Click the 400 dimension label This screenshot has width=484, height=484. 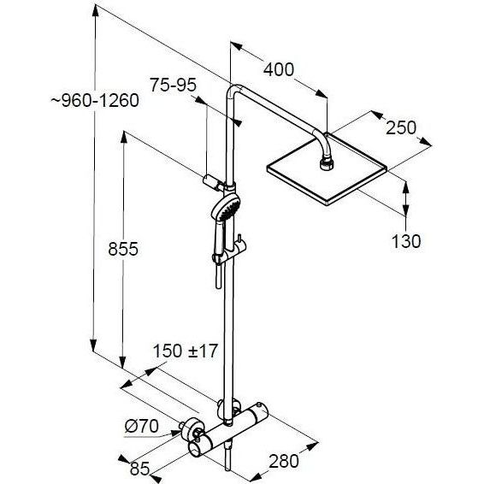coord(279,69)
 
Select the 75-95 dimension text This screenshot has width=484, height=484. coord(174,85)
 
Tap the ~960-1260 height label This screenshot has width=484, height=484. coord(95,100)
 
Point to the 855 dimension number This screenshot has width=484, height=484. coord(123,249)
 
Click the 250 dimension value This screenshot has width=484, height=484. coord(401,127)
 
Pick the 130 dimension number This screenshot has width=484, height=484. coord(406,241)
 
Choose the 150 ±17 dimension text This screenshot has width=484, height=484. coord(186,351)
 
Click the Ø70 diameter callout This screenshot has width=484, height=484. coord(142,426)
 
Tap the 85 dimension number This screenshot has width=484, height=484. coord(139,469)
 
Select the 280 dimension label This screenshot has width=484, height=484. coord(284,462)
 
